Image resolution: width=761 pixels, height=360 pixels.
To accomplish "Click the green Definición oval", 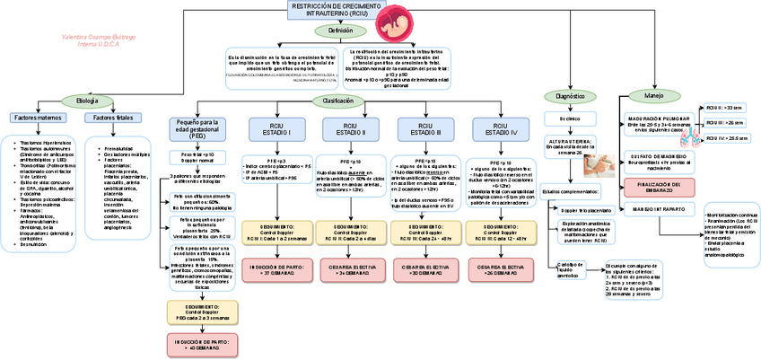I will (x=340, y=31).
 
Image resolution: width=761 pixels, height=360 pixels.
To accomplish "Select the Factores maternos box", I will (x=39, y=118).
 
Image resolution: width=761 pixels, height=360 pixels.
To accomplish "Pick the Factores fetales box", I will (x=113, y=118).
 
